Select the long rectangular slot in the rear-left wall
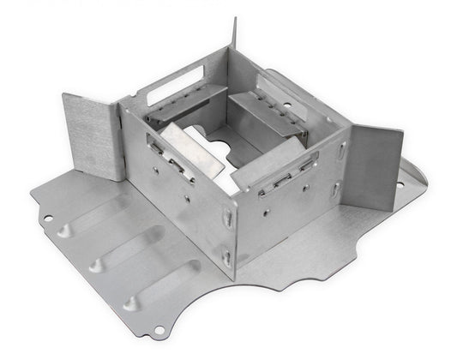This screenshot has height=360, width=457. pos(175,82)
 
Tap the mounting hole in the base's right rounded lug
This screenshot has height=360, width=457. pos(399,181)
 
